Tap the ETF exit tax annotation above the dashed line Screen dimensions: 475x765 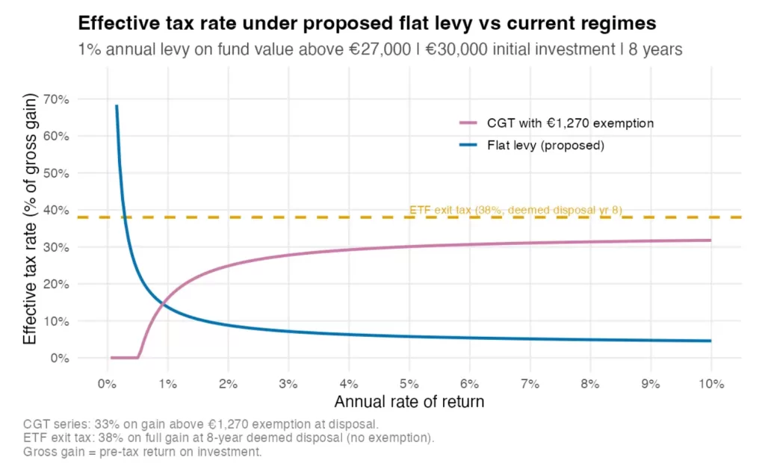click(515, 210)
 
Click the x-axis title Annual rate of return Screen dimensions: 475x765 click(409, 402)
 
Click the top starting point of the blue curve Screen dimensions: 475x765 click(117, 106)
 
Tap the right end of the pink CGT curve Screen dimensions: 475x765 click(710, 240)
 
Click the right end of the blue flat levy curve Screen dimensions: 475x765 click(710, 341)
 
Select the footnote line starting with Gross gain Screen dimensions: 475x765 click(143, 453)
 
